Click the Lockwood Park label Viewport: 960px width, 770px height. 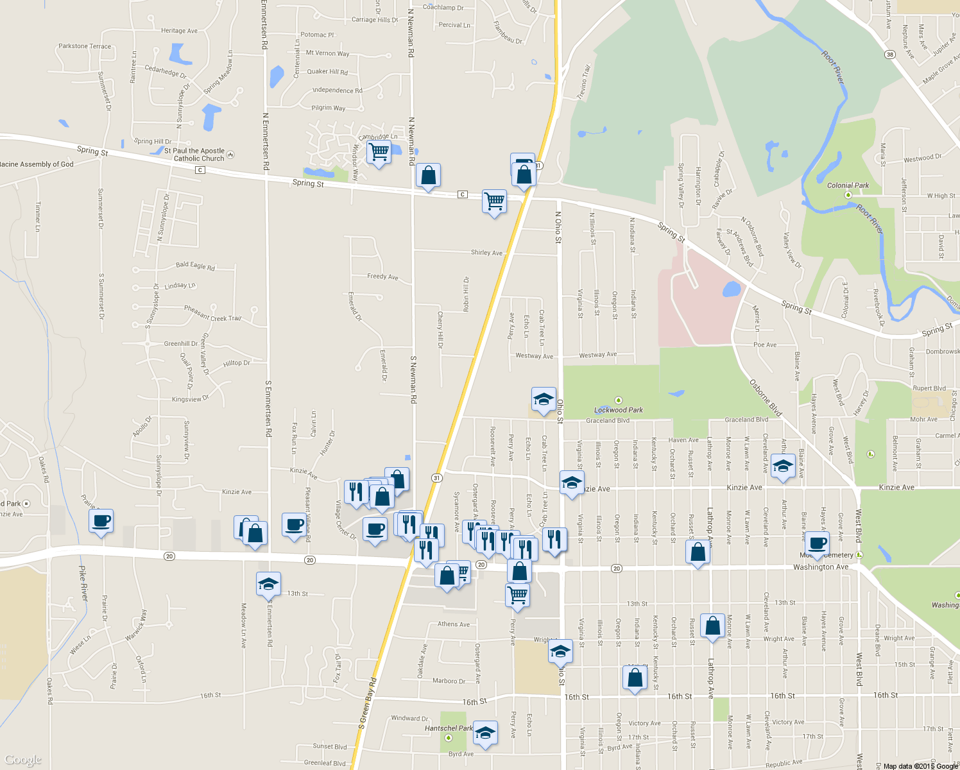pos(618,410)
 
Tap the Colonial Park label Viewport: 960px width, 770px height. pos(848,185)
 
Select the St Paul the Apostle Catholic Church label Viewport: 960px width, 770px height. pos(195,155)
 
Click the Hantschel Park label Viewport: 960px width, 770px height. pos(449,728)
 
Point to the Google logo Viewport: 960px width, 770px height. pos(23,760)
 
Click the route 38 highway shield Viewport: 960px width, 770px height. pos(889,55)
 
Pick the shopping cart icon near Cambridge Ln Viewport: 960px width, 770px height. pos(379,152)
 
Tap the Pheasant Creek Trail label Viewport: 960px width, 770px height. pos(212,313)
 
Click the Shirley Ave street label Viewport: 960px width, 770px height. pos(486,253)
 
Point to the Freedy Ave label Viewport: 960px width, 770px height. pos(382,277)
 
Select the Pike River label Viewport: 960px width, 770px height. pos(83,583)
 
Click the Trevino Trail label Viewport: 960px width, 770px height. pos(583,81)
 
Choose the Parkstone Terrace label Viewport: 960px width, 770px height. pos(85,46)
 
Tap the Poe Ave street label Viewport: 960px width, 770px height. pos(765,345)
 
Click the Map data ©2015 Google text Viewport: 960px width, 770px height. pos(920,766)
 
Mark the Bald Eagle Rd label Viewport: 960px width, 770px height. pos(195,265)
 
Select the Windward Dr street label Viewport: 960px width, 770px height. pos(409,718)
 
